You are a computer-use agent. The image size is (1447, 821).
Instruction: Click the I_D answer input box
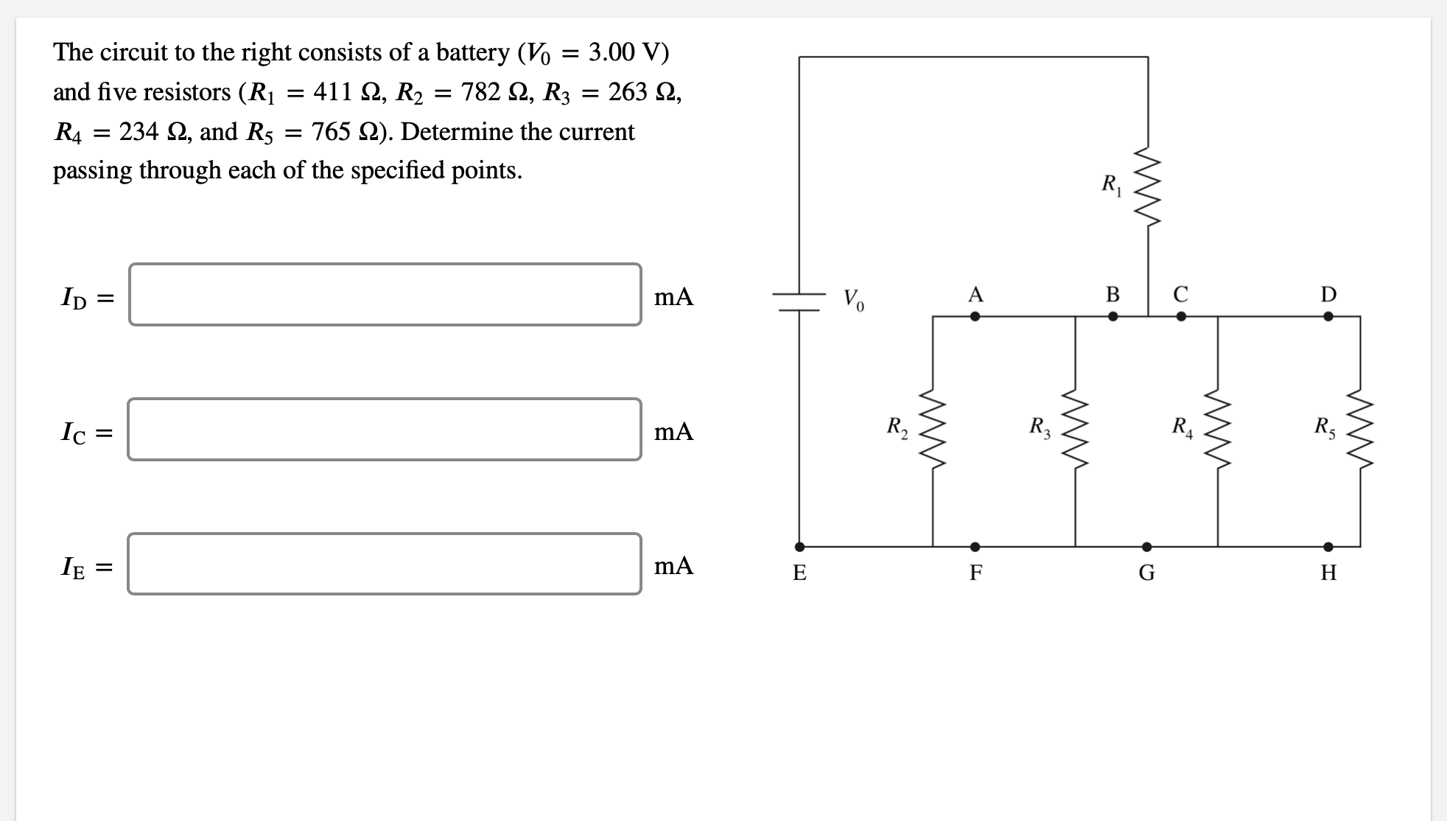click(385, 295)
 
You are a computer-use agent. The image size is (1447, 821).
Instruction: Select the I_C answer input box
click(385, 430)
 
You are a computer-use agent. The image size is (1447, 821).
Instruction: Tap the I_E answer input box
click(385, 564)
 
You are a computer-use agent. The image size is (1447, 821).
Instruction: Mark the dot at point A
click(975, 316)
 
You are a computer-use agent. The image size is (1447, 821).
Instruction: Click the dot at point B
click(1113, 316)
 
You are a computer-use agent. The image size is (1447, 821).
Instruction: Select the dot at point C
click(1181, 316)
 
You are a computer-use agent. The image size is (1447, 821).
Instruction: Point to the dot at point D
click(1328, 316)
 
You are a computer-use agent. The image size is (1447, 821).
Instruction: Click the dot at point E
click(799, 547)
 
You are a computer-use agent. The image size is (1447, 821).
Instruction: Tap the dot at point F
click(975, 547)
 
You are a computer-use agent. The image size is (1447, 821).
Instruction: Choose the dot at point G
click(1146, 547)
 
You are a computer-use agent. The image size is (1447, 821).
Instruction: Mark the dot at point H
click(1328, 547)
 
